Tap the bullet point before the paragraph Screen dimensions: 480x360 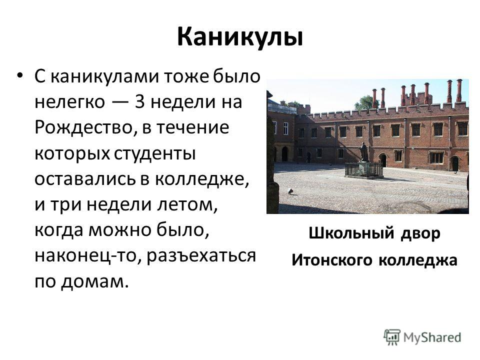[20, 75]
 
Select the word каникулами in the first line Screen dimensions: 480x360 [104, 76]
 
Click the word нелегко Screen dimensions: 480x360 [69, 102]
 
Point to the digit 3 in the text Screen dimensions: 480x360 [139, 101]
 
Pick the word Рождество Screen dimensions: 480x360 [85, 127]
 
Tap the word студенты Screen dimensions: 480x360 [155, 153]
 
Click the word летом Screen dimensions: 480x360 [187, 205]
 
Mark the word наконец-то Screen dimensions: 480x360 [88, 256]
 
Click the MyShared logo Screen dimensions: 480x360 [422, 337]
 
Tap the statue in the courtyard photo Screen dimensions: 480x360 [364, 152]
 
